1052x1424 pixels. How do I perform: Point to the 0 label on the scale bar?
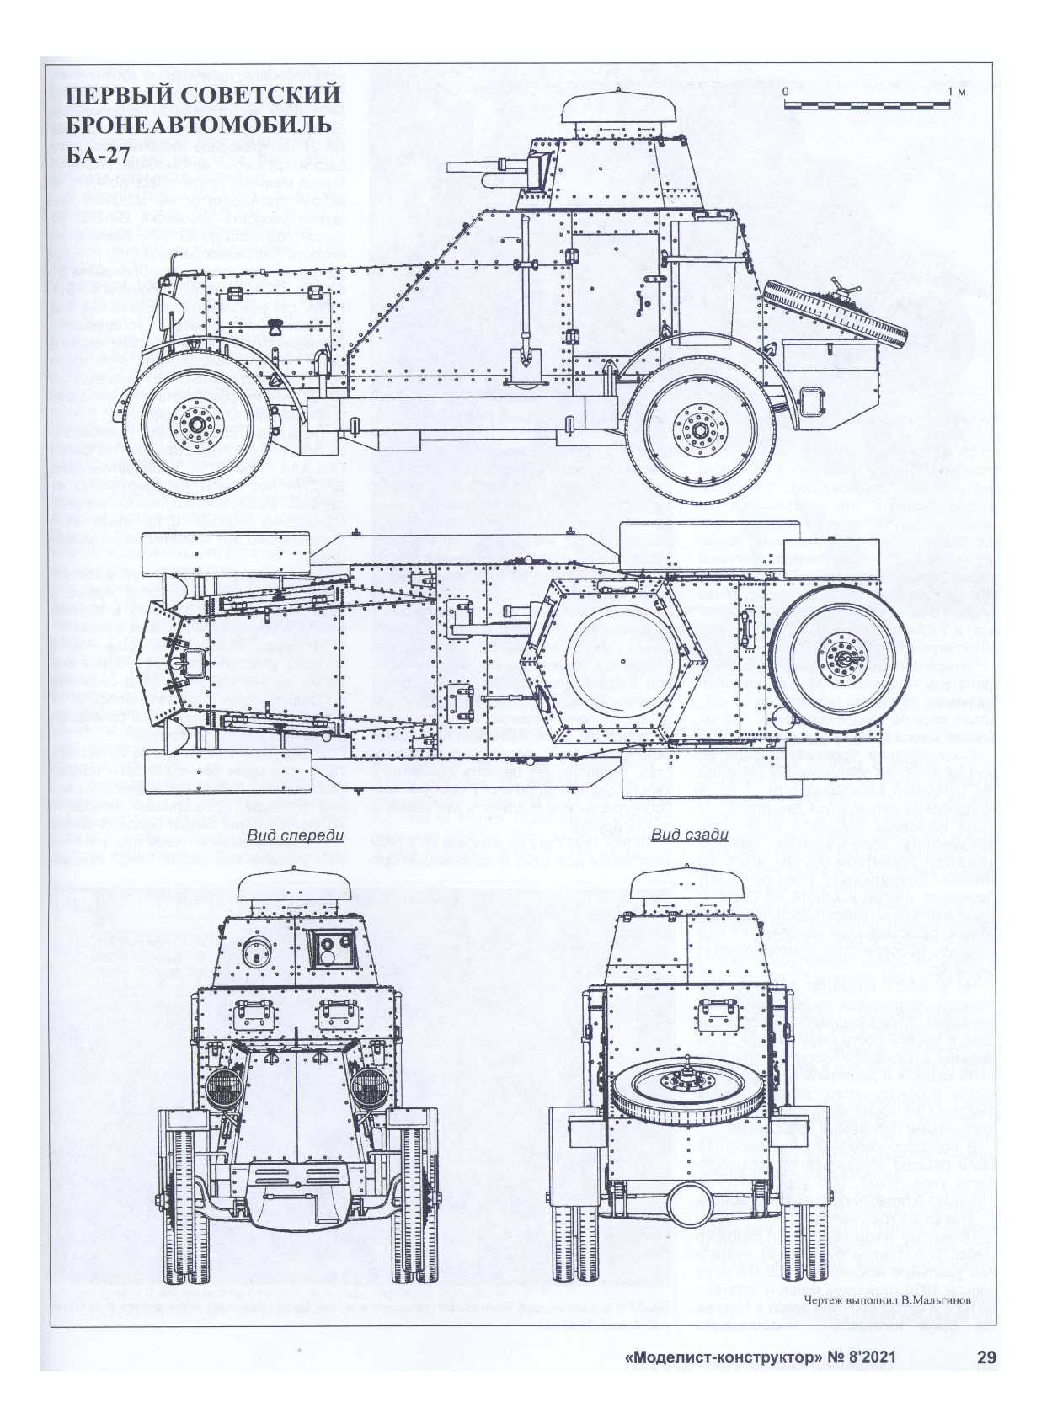pyautogui.click(x=783, y=91)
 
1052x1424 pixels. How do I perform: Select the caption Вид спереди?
pyautogui.click(x=296, y=835)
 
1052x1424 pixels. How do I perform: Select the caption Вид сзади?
pyautogui.click(x=689, y=835)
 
